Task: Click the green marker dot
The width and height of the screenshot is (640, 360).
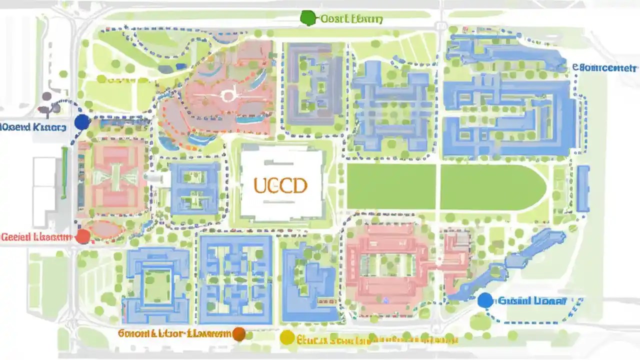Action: coord(308,18)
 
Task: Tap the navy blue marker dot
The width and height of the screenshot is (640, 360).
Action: coord(81,122)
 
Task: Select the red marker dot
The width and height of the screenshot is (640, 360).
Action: coord(83,236)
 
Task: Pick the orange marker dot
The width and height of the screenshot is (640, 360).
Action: coord(239,334)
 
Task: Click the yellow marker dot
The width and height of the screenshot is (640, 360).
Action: coord(287,338)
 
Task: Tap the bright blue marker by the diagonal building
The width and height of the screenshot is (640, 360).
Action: coord(484,300)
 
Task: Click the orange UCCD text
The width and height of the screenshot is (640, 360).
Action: coord(280,186)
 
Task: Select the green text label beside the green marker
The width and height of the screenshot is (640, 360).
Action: coord(351,19)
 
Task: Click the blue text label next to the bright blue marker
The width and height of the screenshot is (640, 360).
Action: coord(532,301)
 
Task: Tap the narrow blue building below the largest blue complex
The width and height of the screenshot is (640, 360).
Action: coord(583,188)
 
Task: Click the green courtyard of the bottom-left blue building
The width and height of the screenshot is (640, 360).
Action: coord(158,286)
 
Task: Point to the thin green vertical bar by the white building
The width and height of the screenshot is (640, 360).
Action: coord(64,172)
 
